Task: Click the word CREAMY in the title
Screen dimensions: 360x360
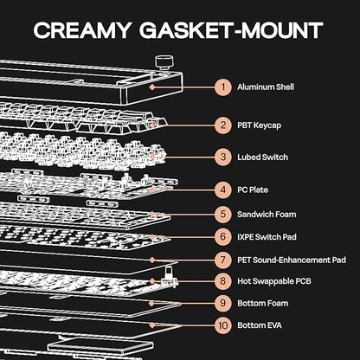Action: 82,30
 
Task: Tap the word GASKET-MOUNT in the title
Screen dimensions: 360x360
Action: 231,30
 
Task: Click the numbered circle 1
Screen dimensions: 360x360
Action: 223,87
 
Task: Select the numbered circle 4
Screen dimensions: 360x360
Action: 223,190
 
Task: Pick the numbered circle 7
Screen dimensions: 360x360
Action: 223,260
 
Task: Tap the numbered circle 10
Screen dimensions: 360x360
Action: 223,325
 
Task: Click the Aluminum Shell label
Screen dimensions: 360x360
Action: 266,87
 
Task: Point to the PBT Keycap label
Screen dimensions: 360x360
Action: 259,125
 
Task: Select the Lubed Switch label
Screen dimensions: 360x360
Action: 262,157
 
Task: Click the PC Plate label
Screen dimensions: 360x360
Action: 253,190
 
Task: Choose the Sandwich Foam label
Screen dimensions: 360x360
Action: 267,215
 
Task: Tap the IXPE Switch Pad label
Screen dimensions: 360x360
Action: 267,237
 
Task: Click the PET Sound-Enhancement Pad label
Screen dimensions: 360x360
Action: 292,260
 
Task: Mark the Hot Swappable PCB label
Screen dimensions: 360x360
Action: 274,281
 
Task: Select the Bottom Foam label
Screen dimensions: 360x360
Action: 263,303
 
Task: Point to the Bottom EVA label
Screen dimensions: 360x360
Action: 260,325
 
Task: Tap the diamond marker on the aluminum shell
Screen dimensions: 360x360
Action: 152,87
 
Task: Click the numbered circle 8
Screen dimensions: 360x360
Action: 223,281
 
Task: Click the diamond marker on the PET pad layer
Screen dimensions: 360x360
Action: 152,260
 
